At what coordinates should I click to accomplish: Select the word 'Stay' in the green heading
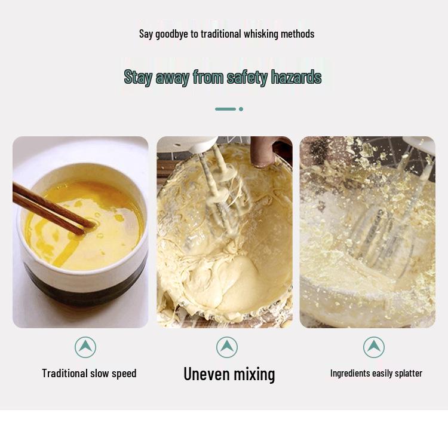click(138, 77)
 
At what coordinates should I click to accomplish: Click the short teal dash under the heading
click(225, 109)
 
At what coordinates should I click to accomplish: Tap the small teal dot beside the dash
click(241, 109)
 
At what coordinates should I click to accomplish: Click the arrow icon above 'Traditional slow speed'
click(85, 347)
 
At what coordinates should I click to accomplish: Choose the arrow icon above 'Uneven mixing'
click(226, 347)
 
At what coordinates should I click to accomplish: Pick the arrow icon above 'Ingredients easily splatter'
click(374, 347)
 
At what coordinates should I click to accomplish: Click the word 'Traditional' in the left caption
click(65, 373)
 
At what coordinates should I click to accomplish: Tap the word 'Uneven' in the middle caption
click(207, 374)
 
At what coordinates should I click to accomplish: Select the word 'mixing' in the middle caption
click(254, 375)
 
